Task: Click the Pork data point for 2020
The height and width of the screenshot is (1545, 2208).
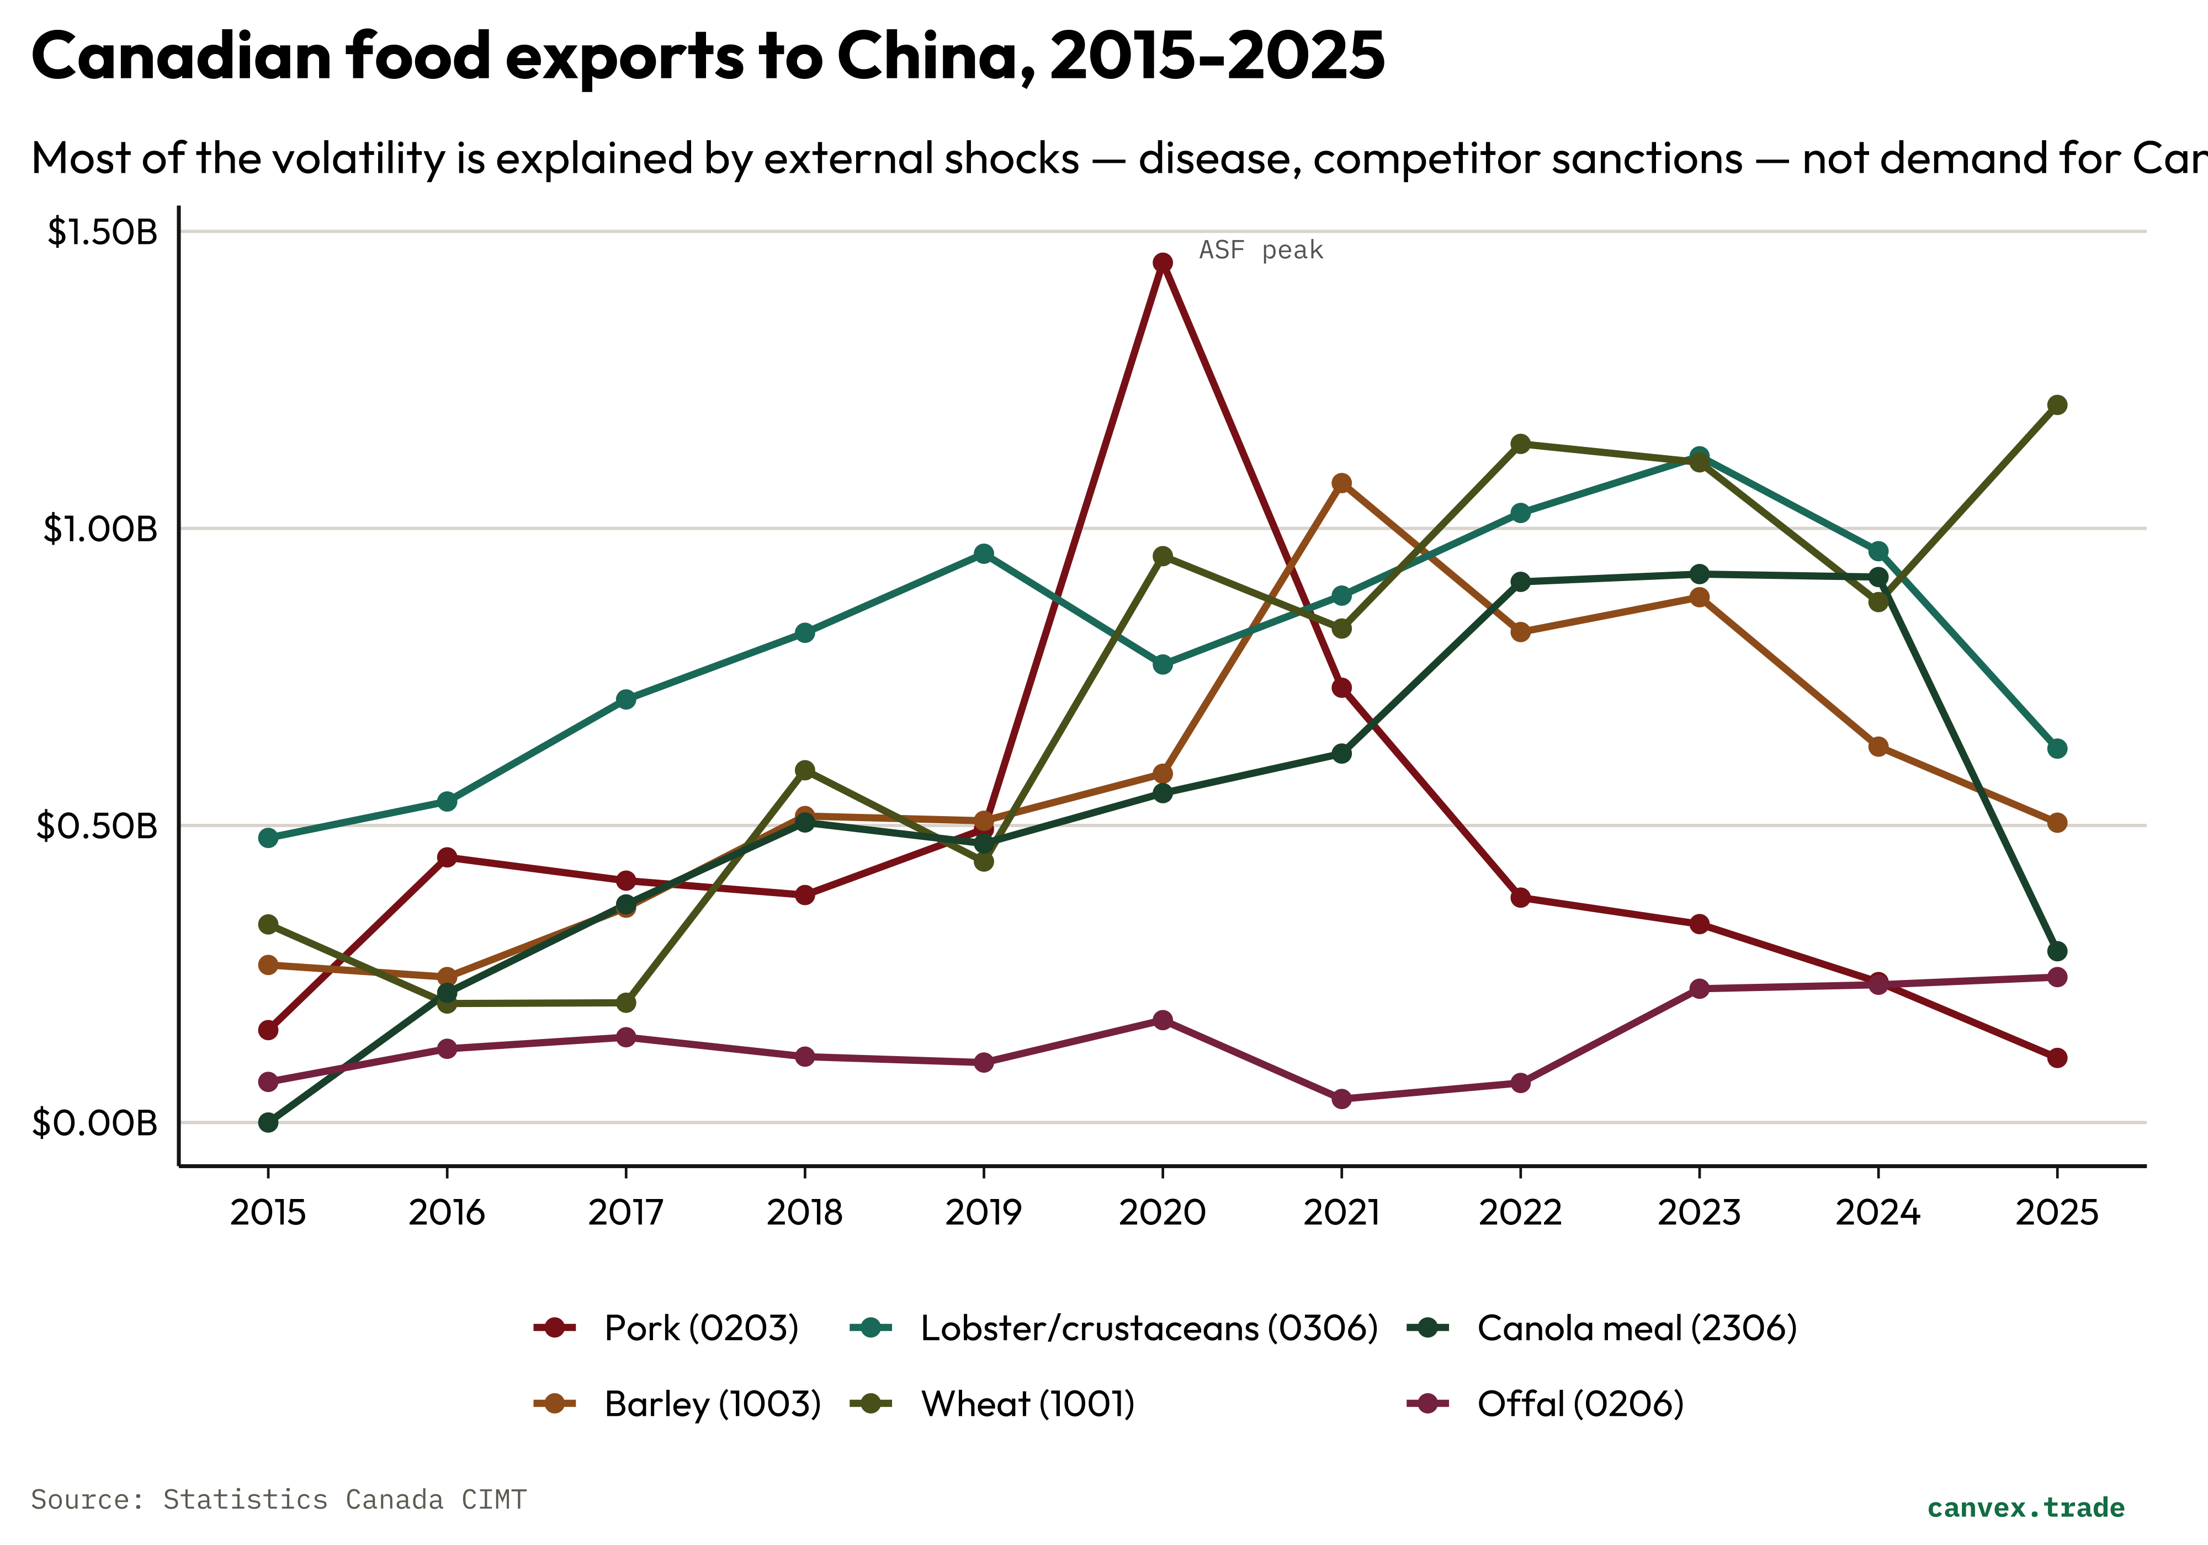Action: point(1162,263)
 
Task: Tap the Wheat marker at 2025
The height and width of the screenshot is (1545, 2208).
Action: point(2056,405)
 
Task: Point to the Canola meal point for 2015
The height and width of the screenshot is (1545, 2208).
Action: point(268,1122)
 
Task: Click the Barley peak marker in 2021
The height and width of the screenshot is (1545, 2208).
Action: point(1341,483)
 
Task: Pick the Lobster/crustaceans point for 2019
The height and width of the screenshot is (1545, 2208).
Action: point(984,554)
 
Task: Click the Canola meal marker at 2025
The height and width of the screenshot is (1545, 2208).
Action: point(2056,951)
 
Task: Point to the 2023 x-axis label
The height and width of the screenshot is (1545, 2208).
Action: point(1699,1212)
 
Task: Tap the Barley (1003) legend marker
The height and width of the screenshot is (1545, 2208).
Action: point(554,1404)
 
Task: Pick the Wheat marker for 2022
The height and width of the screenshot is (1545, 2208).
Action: point(1520,443)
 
